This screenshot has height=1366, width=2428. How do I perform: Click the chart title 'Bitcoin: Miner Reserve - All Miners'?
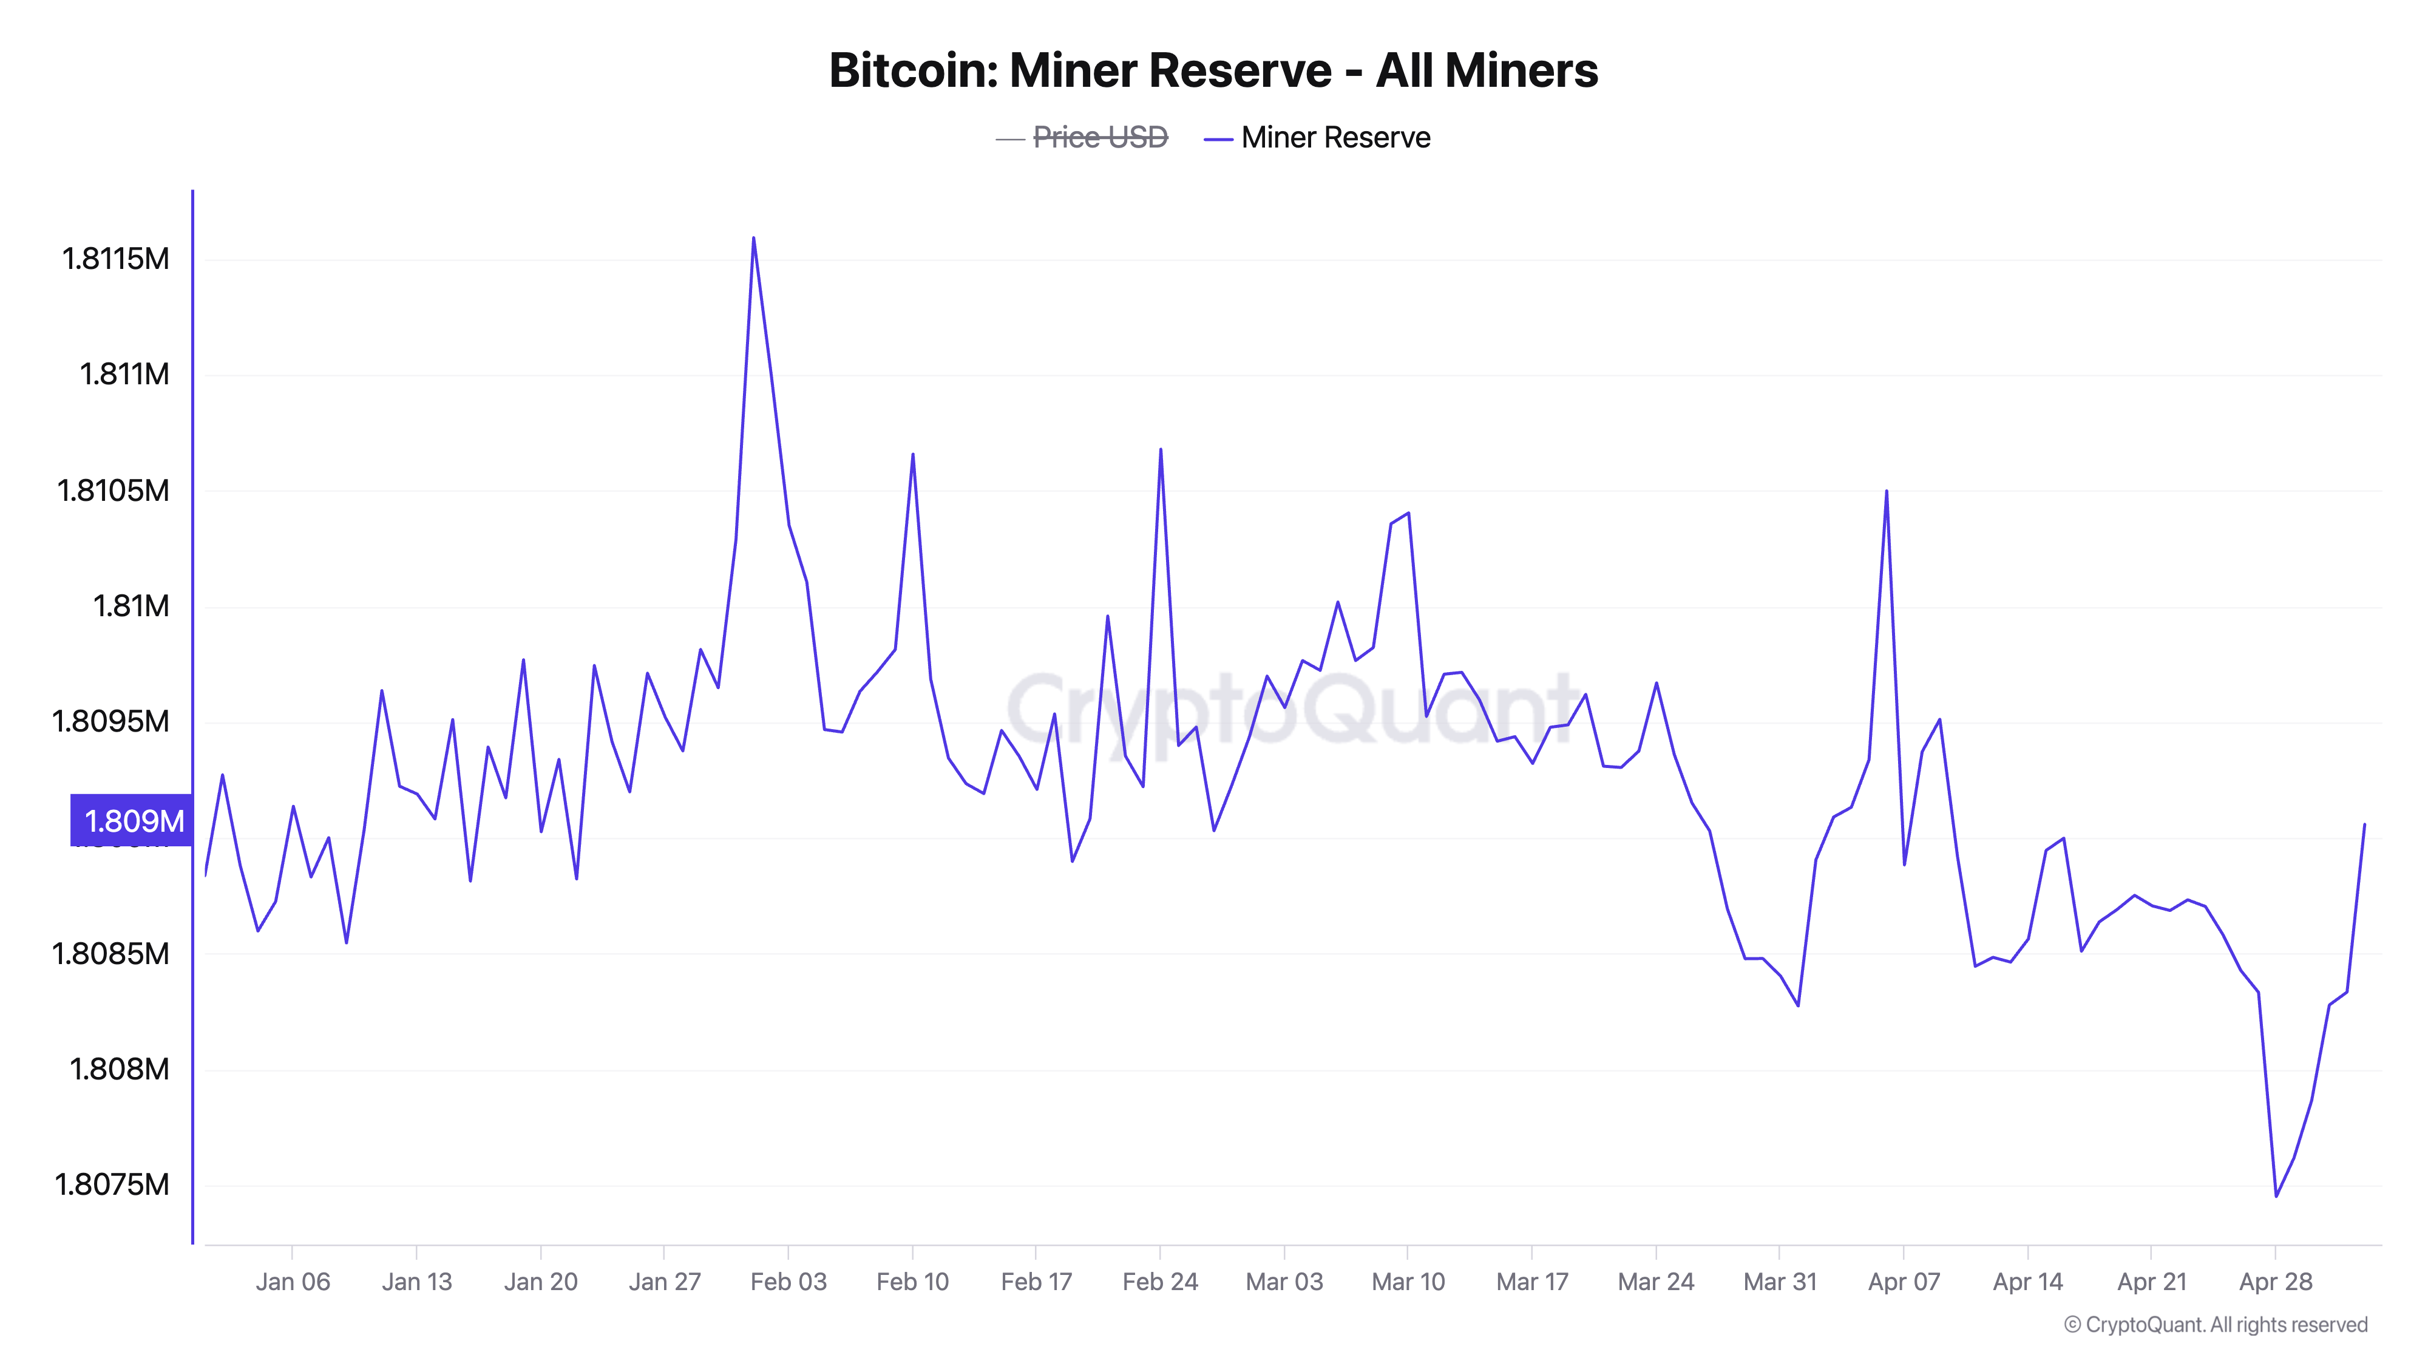tap(1213, 70)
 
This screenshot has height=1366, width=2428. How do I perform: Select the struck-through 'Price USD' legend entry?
tap(1099, 138)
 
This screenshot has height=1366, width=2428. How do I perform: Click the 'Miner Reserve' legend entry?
tap(1335, 138)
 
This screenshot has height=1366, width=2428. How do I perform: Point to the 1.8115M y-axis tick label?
tap(115, 258)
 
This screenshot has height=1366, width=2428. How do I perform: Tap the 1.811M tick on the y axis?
tap(124, 374)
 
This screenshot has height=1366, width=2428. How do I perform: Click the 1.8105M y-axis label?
tap(113, 490)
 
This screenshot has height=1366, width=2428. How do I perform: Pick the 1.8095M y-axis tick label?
tap(110, 721)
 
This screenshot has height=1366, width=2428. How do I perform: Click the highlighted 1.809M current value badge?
tap(132, 820)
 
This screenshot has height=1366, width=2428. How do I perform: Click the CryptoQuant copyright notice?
tap(2215, 1325)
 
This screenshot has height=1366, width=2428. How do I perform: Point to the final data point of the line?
tap(2364, 825)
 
